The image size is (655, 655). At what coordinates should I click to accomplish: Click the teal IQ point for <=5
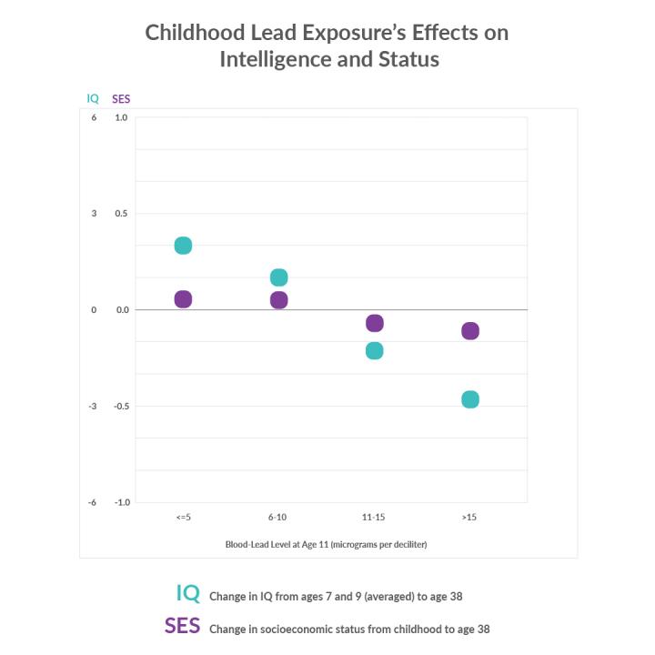pyautogui.click(x=183, y=246)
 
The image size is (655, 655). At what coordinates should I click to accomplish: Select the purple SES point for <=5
pyautogui.click(x=183, y=299)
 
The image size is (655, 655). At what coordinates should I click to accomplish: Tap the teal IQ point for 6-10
pyautogui.click(x=278, y=277)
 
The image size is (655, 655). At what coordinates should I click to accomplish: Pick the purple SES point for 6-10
pyautogui.click(x=278, y=300)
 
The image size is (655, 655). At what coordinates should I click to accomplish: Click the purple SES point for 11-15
pyautogui.click(x=374, y=323)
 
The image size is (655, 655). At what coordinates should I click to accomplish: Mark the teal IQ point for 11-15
pyautogui.click(x=374, y=350)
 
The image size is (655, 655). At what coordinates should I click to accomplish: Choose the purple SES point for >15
pyautogui.click(x=470, y=331)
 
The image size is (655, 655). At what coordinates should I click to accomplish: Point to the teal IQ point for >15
pyautogui.click(x=470, y=399)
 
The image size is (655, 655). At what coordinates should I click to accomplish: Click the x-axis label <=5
pyautogui.click(x=183, y=517)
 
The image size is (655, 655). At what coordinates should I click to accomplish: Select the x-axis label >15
pyautogui.click(x=469, y=517)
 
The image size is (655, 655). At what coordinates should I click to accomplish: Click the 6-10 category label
pyautogui.click(x=278, y=517)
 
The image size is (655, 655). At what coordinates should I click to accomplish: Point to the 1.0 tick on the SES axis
pyautogui.click(x=121, y=117)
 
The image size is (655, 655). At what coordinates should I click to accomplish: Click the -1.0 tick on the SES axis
pyautogui.click(x=120, y=502)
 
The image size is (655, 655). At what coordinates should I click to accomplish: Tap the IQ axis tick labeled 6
pyautogui.click(x=94, y=117)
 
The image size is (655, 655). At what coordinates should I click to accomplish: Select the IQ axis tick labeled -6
pyautogui.click(x=93, y=502)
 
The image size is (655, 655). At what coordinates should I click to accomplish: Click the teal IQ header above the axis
pyautogui.click(x=93, y=98)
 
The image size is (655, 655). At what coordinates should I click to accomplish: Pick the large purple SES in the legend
pyautogui.click(x=182, y=626)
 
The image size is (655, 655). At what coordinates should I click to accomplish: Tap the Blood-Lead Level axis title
pyautogui.click(x=327, y=544)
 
